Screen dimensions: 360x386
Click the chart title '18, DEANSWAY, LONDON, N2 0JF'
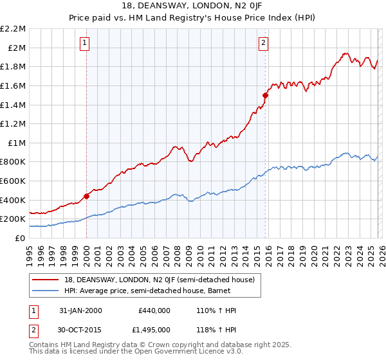tap(193, 6)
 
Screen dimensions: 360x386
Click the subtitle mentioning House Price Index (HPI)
tap(193, 18)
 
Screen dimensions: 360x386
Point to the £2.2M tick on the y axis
tap(13, 29)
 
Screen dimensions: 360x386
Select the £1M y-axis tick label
tap(17, 143)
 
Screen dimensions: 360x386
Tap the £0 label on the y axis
tap(20, 238)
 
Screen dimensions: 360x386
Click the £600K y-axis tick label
tap(13, 181)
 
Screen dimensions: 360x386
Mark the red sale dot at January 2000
tap(86, 197)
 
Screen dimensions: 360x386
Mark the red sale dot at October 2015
tap(264, 95)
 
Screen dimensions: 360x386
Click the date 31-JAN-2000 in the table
tap(76, 310)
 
